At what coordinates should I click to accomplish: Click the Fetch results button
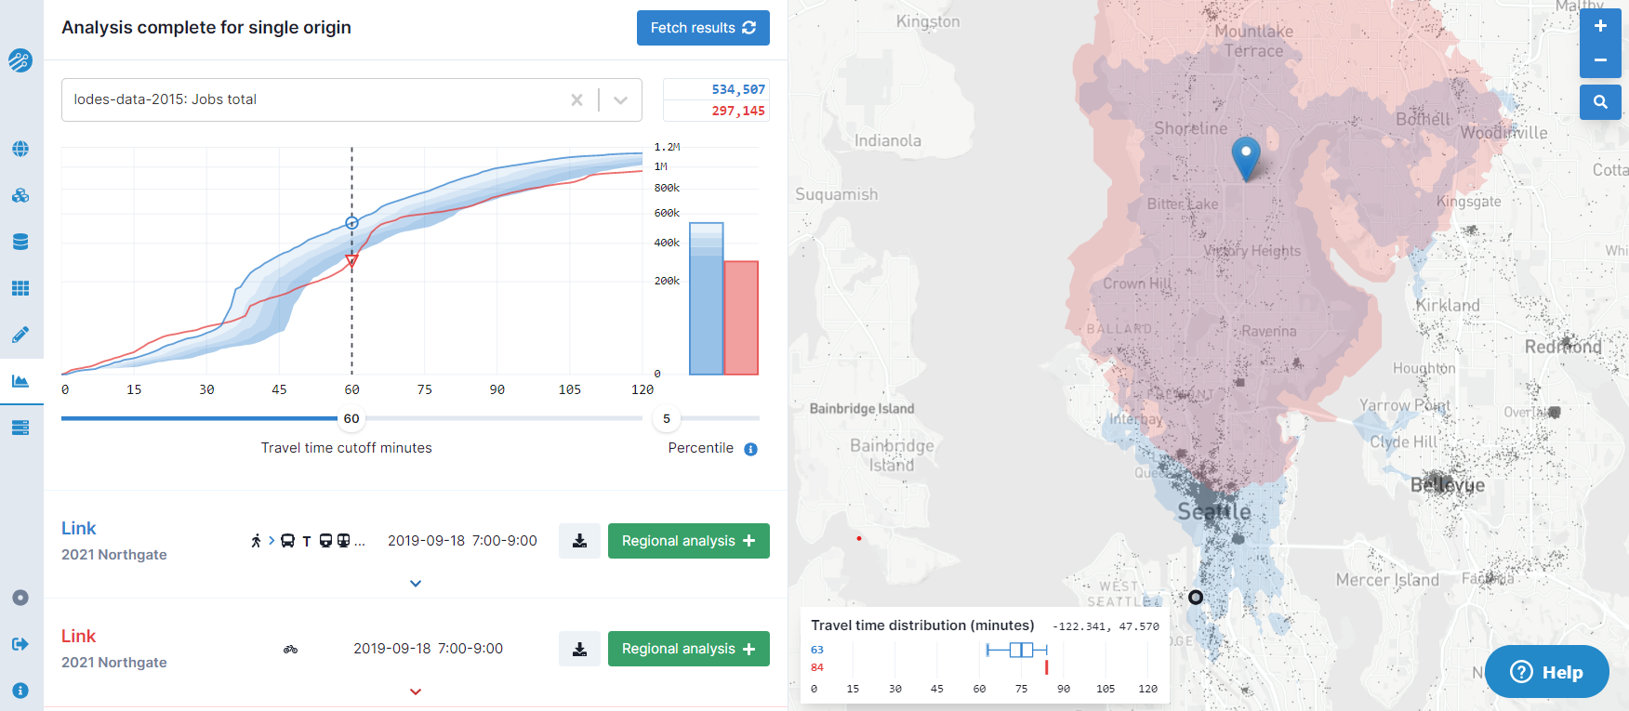click(703, 28)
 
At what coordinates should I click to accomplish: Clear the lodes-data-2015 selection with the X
click(576, 99)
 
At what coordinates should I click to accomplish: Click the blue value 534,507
click(738, 89)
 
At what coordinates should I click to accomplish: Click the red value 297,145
click(738, 111)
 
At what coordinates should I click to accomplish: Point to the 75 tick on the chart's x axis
click(425, 389)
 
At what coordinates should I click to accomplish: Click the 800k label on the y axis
click(667, 188)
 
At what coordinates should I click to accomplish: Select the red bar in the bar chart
click(741, 318)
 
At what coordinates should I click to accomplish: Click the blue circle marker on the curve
click(351, 223)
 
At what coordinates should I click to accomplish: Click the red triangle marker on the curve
click(351, 262)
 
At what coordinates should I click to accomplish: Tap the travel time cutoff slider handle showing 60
click(351, 418)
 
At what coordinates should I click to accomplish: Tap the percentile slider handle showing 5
click(666, 418)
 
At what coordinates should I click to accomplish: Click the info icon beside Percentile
click(750, 449)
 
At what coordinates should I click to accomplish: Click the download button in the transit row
click(579, 541)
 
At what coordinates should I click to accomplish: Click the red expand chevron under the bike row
click(416, 691)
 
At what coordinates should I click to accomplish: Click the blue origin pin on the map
click(1246, 156)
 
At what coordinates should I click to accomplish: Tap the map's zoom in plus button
click(1600, 27)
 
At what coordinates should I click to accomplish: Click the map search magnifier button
click(1600, 102)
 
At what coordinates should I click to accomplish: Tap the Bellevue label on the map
click(1448, 485)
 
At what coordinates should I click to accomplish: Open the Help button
click(1546, 672)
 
